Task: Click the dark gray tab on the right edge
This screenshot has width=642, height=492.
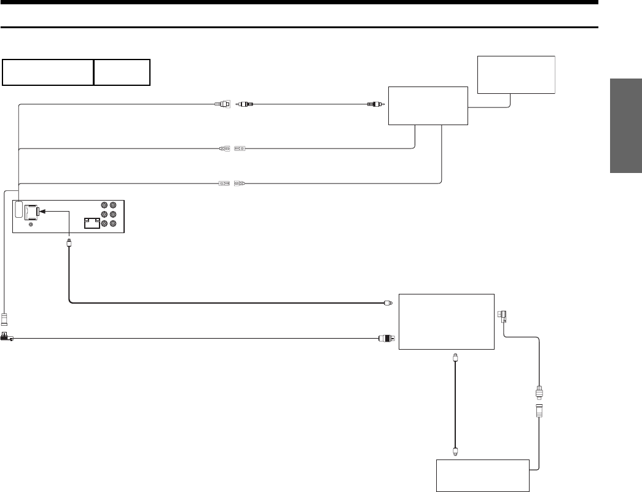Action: pyautogui.click(x=626, y=126)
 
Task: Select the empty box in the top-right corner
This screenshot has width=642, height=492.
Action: pyautogui.click(x=516, y=74)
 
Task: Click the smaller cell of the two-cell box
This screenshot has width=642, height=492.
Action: pyautogui.click(x=122, y=72)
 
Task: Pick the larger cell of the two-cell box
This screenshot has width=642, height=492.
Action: pyautogui.click(x=48, y=72)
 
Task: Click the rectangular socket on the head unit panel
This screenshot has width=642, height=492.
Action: pyautogui.click(x=92, y=223)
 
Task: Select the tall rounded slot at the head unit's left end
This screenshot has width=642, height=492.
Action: pyautogui.click(x=19, y=209)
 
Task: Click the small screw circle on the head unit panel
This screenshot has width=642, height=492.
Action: pyautogui.click(x=30, y=225)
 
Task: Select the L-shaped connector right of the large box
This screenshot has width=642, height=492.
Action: pyautogui.click(x=502, y=317)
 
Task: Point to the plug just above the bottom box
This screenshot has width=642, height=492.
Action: pyautogui.click(x=455, y=452)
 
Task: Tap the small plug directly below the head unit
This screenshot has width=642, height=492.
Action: pyautogui.click(x=69, y=244)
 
